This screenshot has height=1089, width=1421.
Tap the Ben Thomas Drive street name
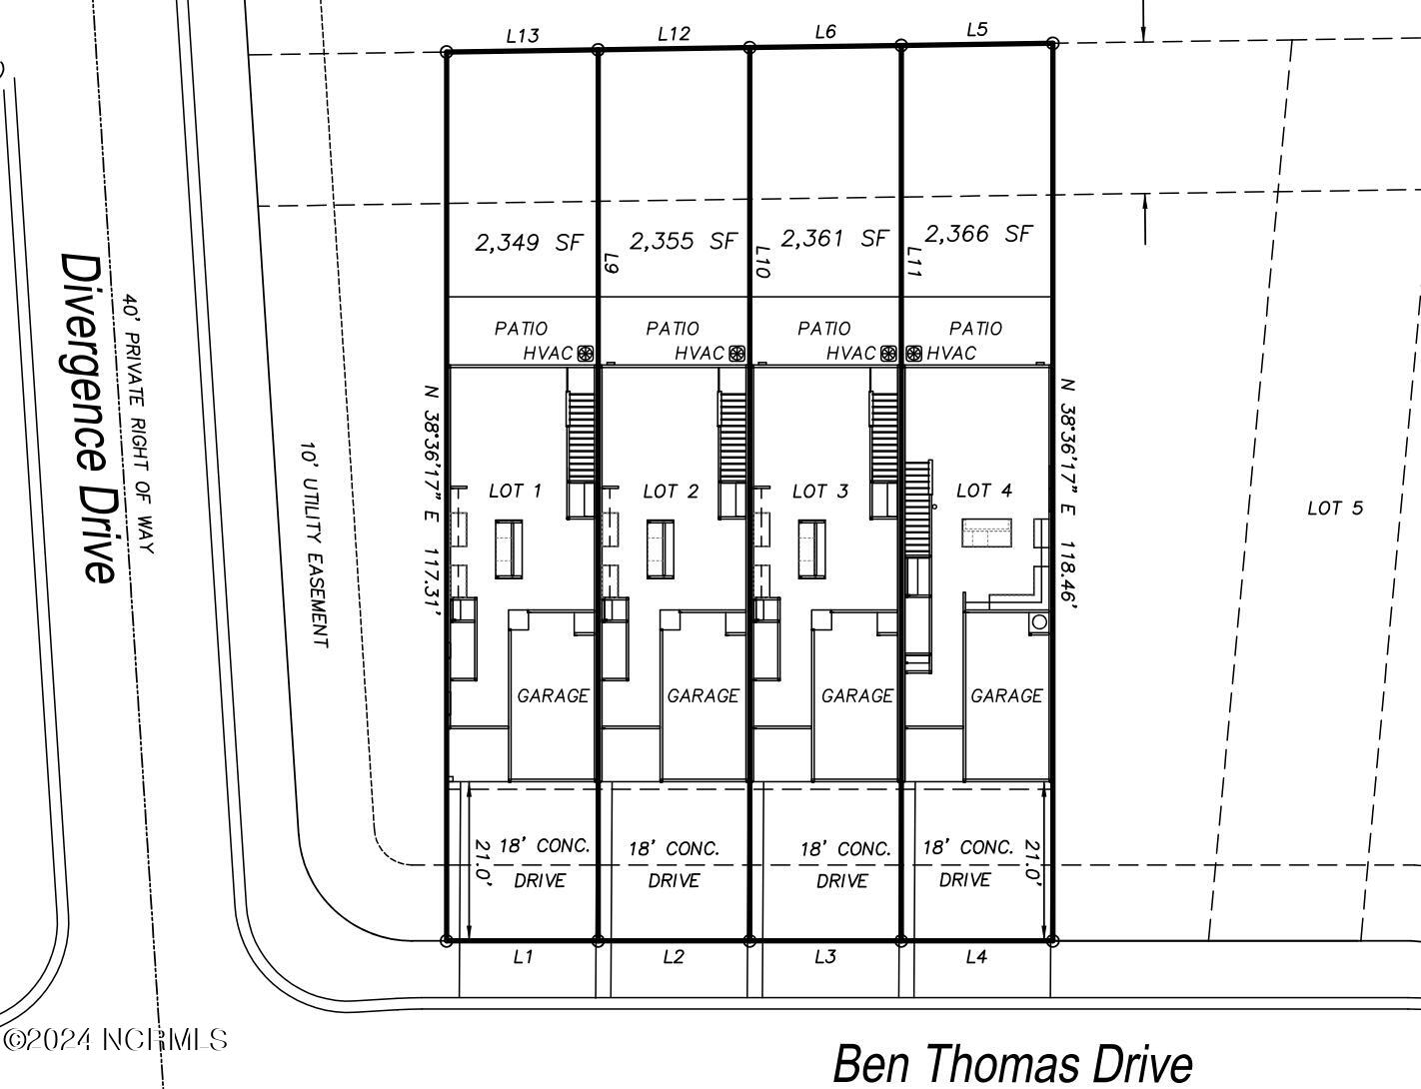pos(1011,1063)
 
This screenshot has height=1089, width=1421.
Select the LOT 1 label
pos(515,491)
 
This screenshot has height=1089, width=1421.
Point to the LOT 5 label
pos(1334,509)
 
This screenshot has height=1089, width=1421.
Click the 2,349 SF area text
pos(528,242)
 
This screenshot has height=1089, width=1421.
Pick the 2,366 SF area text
pos(977,234)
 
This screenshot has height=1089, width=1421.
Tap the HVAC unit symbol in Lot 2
pos(736,353)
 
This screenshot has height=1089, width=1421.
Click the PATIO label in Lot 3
pos(824,329)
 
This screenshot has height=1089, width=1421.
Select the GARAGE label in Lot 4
pos(1006,695)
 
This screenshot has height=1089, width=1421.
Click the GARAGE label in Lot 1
pos(553,695)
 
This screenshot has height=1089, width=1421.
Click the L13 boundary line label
pos(523,36)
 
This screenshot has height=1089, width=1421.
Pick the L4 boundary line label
pos(976,957)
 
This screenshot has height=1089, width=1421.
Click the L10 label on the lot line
pos(762,262)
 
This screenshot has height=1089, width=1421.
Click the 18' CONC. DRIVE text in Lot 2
pos(674,864)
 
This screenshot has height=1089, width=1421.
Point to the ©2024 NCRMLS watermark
pos(114,1040)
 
